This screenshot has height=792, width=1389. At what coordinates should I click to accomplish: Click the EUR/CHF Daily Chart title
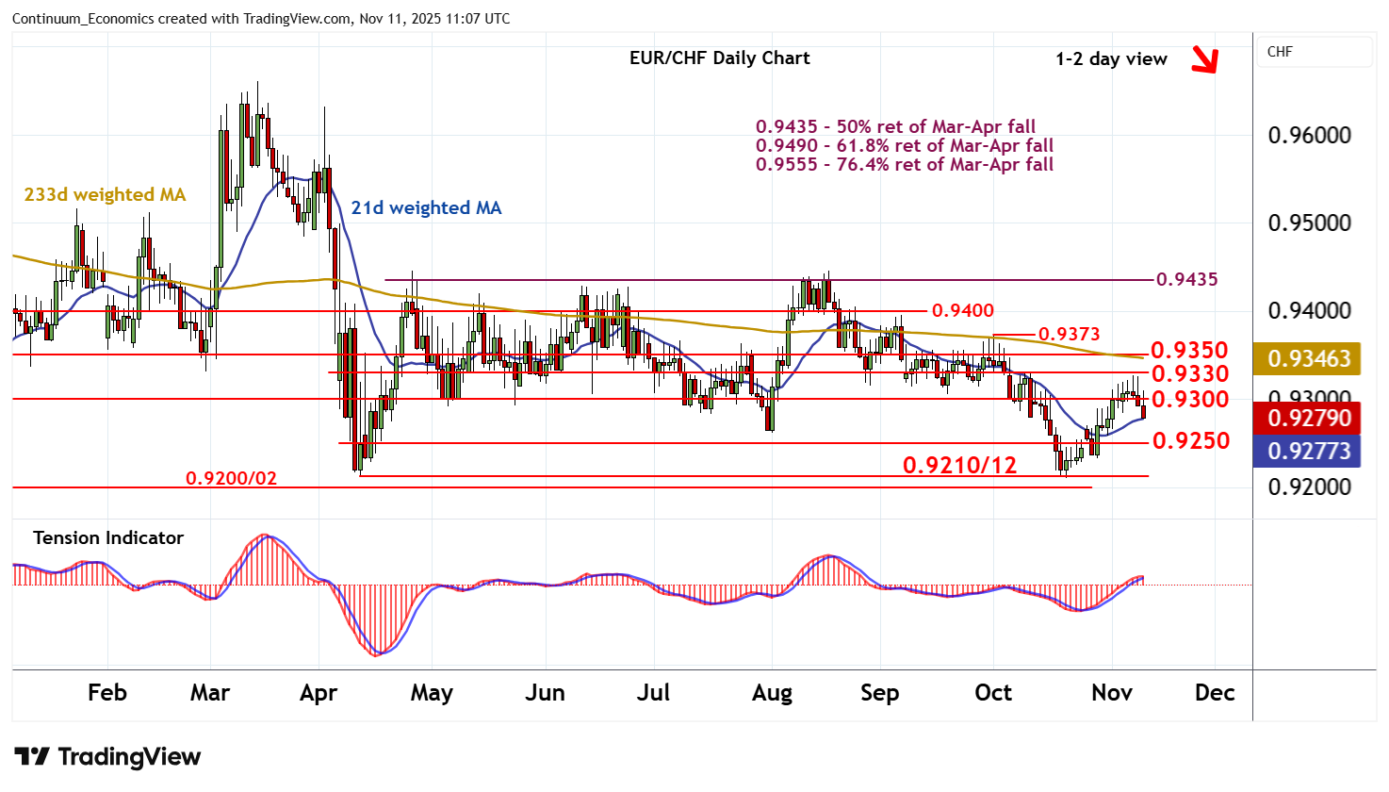coord(719,58)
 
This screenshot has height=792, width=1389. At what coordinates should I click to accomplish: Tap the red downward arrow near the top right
coord(1204,59)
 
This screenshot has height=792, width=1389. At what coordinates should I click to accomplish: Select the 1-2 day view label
coord(1111,58)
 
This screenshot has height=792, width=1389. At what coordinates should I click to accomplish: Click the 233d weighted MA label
coord(105,194)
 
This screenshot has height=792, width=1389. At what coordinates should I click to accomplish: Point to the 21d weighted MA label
coord(426,207)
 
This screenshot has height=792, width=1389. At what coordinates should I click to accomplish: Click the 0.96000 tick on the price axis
coord(1309,135)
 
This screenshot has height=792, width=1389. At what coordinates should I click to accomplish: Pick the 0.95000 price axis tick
coord(1309,223)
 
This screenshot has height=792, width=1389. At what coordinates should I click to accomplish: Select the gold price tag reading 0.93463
coord(1308,358)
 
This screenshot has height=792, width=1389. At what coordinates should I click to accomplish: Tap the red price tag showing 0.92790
coord(1308,418)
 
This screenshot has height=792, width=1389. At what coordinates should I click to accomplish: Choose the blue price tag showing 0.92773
coord(1308,451)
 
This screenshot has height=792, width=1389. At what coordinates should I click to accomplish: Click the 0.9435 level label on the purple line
coord(1186,279)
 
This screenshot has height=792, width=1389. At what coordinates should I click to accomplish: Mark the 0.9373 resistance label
coord(1069,334)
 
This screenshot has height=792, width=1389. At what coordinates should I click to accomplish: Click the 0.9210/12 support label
coord(959,465)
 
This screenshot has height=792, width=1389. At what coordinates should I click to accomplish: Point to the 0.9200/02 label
coord(231,478)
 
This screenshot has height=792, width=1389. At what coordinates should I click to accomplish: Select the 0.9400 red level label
coord(962,310)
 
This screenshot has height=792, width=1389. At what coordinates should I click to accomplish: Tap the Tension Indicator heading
coord(108,537)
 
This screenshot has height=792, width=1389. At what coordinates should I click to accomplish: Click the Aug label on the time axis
coord(772,693)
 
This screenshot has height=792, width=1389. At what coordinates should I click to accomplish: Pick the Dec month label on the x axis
coord(1214,693)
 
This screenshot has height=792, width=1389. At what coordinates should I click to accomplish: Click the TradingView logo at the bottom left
coord(107,756)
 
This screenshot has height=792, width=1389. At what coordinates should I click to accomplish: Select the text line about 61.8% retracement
coord(904,145)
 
